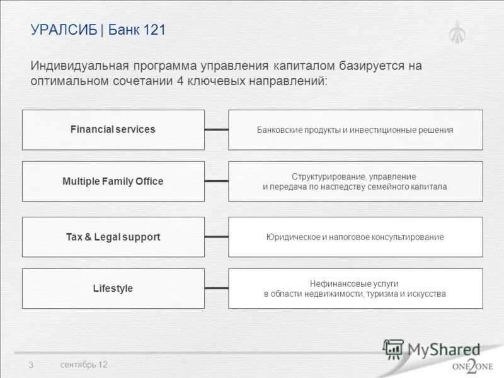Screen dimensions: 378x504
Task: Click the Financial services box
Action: (113, 130)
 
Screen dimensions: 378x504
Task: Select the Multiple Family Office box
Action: (113, 181)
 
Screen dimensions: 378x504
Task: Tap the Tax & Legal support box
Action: (113, 237)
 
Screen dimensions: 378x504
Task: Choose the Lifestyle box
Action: (113, 289)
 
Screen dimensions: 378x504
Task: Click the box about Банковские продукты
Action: (355, 130)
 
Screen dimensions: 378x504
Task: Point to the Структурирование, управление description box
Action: (355, 181)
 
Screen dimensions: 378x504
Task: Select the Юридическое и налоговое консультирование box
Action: (355, 237)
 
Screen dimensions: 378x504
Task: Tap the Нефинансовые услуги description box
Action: (355, 289)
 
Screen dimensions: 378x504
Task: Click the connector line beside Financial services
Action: (216, 130)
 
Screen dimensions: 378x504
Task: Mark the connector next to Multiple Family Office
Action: (216, 181)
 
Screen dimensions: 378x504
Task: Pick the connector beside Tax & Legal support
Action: (216, 237)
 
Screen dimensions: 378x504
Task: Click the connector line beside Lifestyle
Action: (216, 289)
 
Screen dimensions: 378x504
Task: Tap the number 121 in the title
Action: (154, 30)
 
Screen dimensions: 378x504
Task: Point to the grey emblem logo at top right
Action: (457, 31)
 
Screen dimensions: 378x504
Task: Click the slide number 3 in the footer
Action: (30, 365)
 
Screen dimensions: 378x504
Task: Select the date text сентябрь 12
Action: (84, 365)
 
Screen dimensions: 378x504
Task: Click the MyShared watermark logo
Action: (432, 350)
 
